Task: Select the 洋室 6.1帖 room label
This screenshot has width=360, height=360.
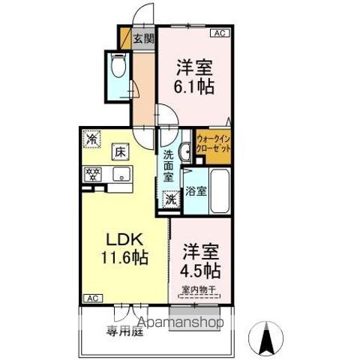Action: tap(195, 76)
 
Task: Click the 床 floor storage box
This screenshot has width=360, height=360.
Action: tap(120, 151)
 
